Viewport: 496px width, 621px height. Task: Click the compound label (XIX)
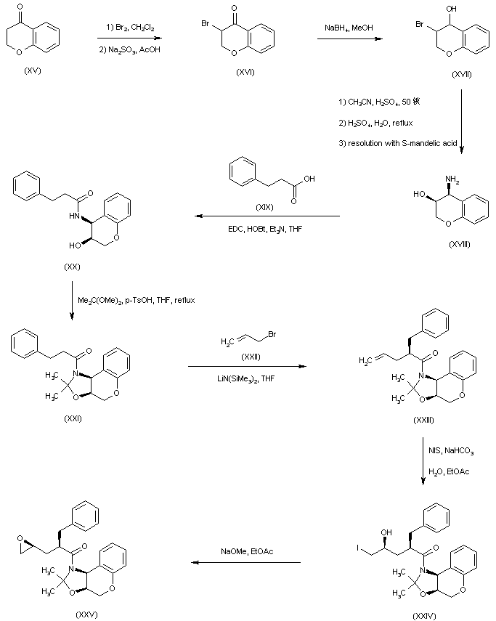coord(264,208)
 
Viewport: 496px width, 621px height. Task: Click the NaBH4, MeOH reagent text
coord(349,27)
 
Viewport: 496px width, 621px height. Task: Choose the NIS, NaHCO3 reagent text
coord(450,451)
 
